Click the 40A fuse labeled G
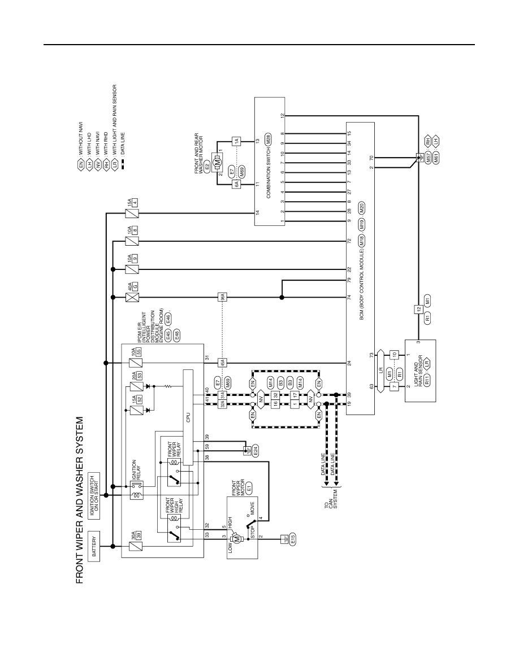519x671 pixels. tap(131, 296)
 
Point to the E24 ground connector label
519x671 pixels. tap(256, 452)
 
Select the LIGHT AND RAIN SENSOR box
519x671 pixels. tap(420, 371)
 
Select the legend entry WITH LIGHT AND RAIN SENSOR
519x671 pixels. tap(116, 117)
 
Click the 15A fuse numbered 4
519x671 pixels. tap(131, 213)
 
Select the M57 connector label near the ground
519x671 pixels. tap(429, 159)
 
